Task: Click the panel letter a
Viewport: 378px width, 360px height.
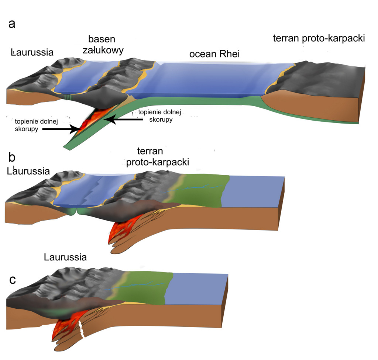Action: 12,24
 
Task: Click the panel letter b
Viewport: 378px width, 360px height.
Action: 12,157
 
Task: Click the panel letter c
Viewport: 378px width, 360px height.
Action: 13,280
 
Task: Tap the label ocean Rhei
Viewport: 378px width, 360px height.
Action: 214,54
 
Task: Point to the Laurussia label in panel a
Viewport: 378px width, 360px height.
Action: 32,52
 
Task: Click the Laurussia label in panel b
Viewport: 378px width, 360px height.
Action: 28,171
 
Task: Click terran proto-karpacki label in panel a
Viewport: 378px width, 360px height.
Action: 319,38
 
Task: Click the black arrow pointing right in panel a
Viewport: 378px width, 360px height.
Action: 59,129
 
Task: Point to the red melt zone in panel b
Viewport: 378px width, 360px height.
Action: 118,231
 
